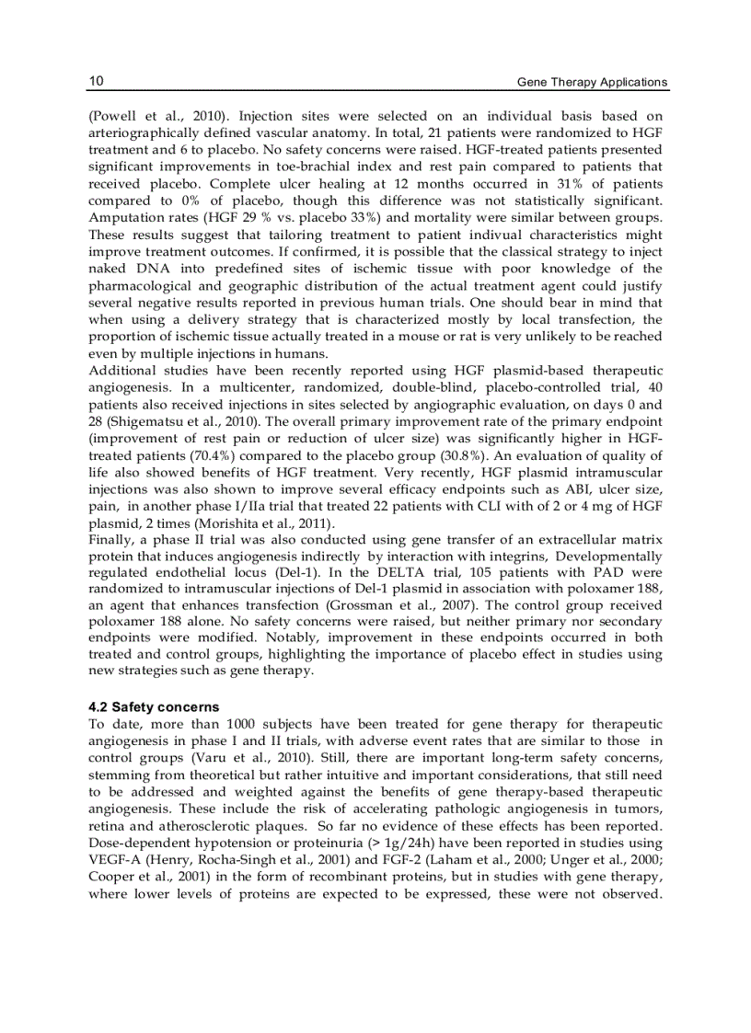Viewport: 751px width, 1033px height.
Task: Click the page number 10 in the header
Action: tap(96, 81)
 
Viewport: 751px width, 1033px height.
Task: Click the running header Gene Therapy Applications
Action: tap(592, 82)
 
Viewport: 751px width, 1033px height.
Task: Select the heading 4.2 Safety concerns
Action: tap(154, 706)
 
